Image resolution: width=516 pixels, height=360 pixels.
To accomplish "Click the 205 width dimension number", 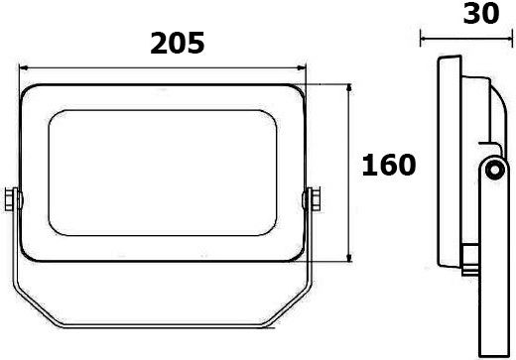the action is click(178, 44).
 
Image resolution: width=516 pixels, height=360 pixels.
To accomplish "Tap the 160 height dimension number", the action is click(389, 165).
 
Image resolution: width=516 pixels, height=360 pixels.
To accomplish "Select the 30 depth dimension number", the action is click(481, 13).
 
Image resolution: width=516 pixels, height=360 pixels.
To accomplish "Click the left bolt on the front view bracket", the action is click(11, 199).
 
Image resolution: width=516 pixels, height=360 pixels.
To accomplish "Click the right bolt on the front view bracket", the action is click(314, 198).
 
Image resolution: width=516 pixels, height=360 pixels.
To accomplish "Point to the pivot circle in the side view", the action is click(495, 171).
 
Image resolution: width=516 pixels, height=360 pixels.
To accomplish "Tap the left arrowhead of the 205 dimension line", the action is click(24, 68).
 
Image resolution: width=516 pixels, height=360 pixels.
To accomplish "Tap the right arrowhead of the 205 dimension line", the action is click(302, 68).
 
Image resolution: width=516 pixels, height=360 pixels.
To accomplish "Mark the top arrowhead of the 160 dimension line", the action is click(349, 88).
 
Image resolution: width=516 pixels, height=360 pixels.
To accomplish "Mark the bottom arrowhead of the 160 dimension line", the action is click(349, 258).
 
